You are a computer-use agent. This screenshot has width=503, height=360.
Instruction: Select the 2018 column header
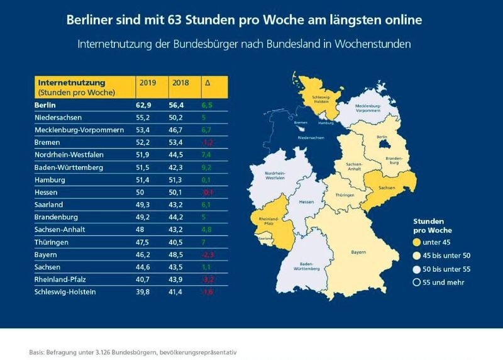[x=179, y=82]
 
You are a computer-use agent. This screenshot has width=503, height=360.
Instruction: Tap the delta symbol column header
[x=208, y=82]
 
